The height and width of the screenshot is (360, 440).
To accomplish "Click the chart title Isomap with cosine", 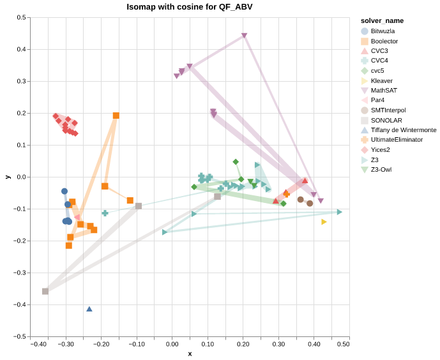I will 190,7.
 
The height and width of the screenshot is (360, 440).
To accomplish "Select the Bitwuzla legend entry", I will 383,31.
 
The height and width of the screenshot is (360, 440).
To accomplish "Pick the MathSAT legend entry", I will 383,91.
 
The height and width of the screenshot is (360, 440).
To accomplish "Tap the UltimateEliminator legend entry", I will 397,140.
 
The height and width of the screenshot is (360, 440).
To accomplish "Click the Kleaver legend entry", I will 381,80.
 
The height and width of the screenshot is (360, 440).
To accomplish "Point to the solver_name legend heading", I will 382,20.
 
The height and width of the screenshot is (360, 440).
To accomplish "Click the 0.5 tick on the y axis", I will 21,18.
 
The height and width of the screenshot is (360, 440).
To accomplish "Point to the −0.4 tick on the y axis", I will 19,304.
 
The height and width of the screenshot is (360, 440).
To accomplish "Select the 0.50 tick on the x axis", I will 344,345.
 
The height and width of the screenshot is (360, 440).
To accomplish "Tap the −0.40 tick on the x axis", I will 39,345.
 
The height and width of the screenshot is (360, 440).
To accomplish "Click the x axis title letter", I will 190,354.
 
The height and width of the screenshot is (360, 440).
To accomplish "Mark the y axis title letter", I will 8,177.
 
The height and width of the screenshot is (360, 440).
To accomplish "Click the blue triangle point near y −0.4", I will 89,309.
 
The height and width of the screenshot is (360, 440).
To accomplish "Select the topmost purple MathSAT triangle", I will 244,36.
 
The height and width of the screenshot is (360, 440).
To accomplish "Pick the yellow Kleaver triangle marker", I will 324,221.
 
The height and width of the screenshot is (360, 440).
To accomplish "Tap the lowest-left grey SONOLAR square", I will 45,291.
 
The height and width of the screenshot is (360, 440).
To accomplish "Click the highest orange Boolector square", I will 116,116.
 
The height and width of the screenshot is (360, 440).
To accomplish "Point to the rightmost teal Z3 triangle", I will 339,212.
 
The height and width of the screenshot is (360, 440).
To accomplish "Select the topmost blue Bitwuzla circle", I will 64,191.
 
